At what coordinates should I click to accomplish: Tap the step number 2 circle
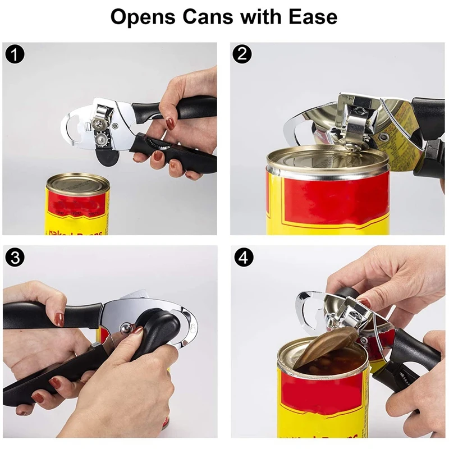tap(243, 55)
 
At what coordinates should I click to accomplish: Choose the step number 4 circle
tap(243, 258)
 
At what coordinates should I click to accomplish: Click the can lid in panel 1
tap(77, 183)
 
